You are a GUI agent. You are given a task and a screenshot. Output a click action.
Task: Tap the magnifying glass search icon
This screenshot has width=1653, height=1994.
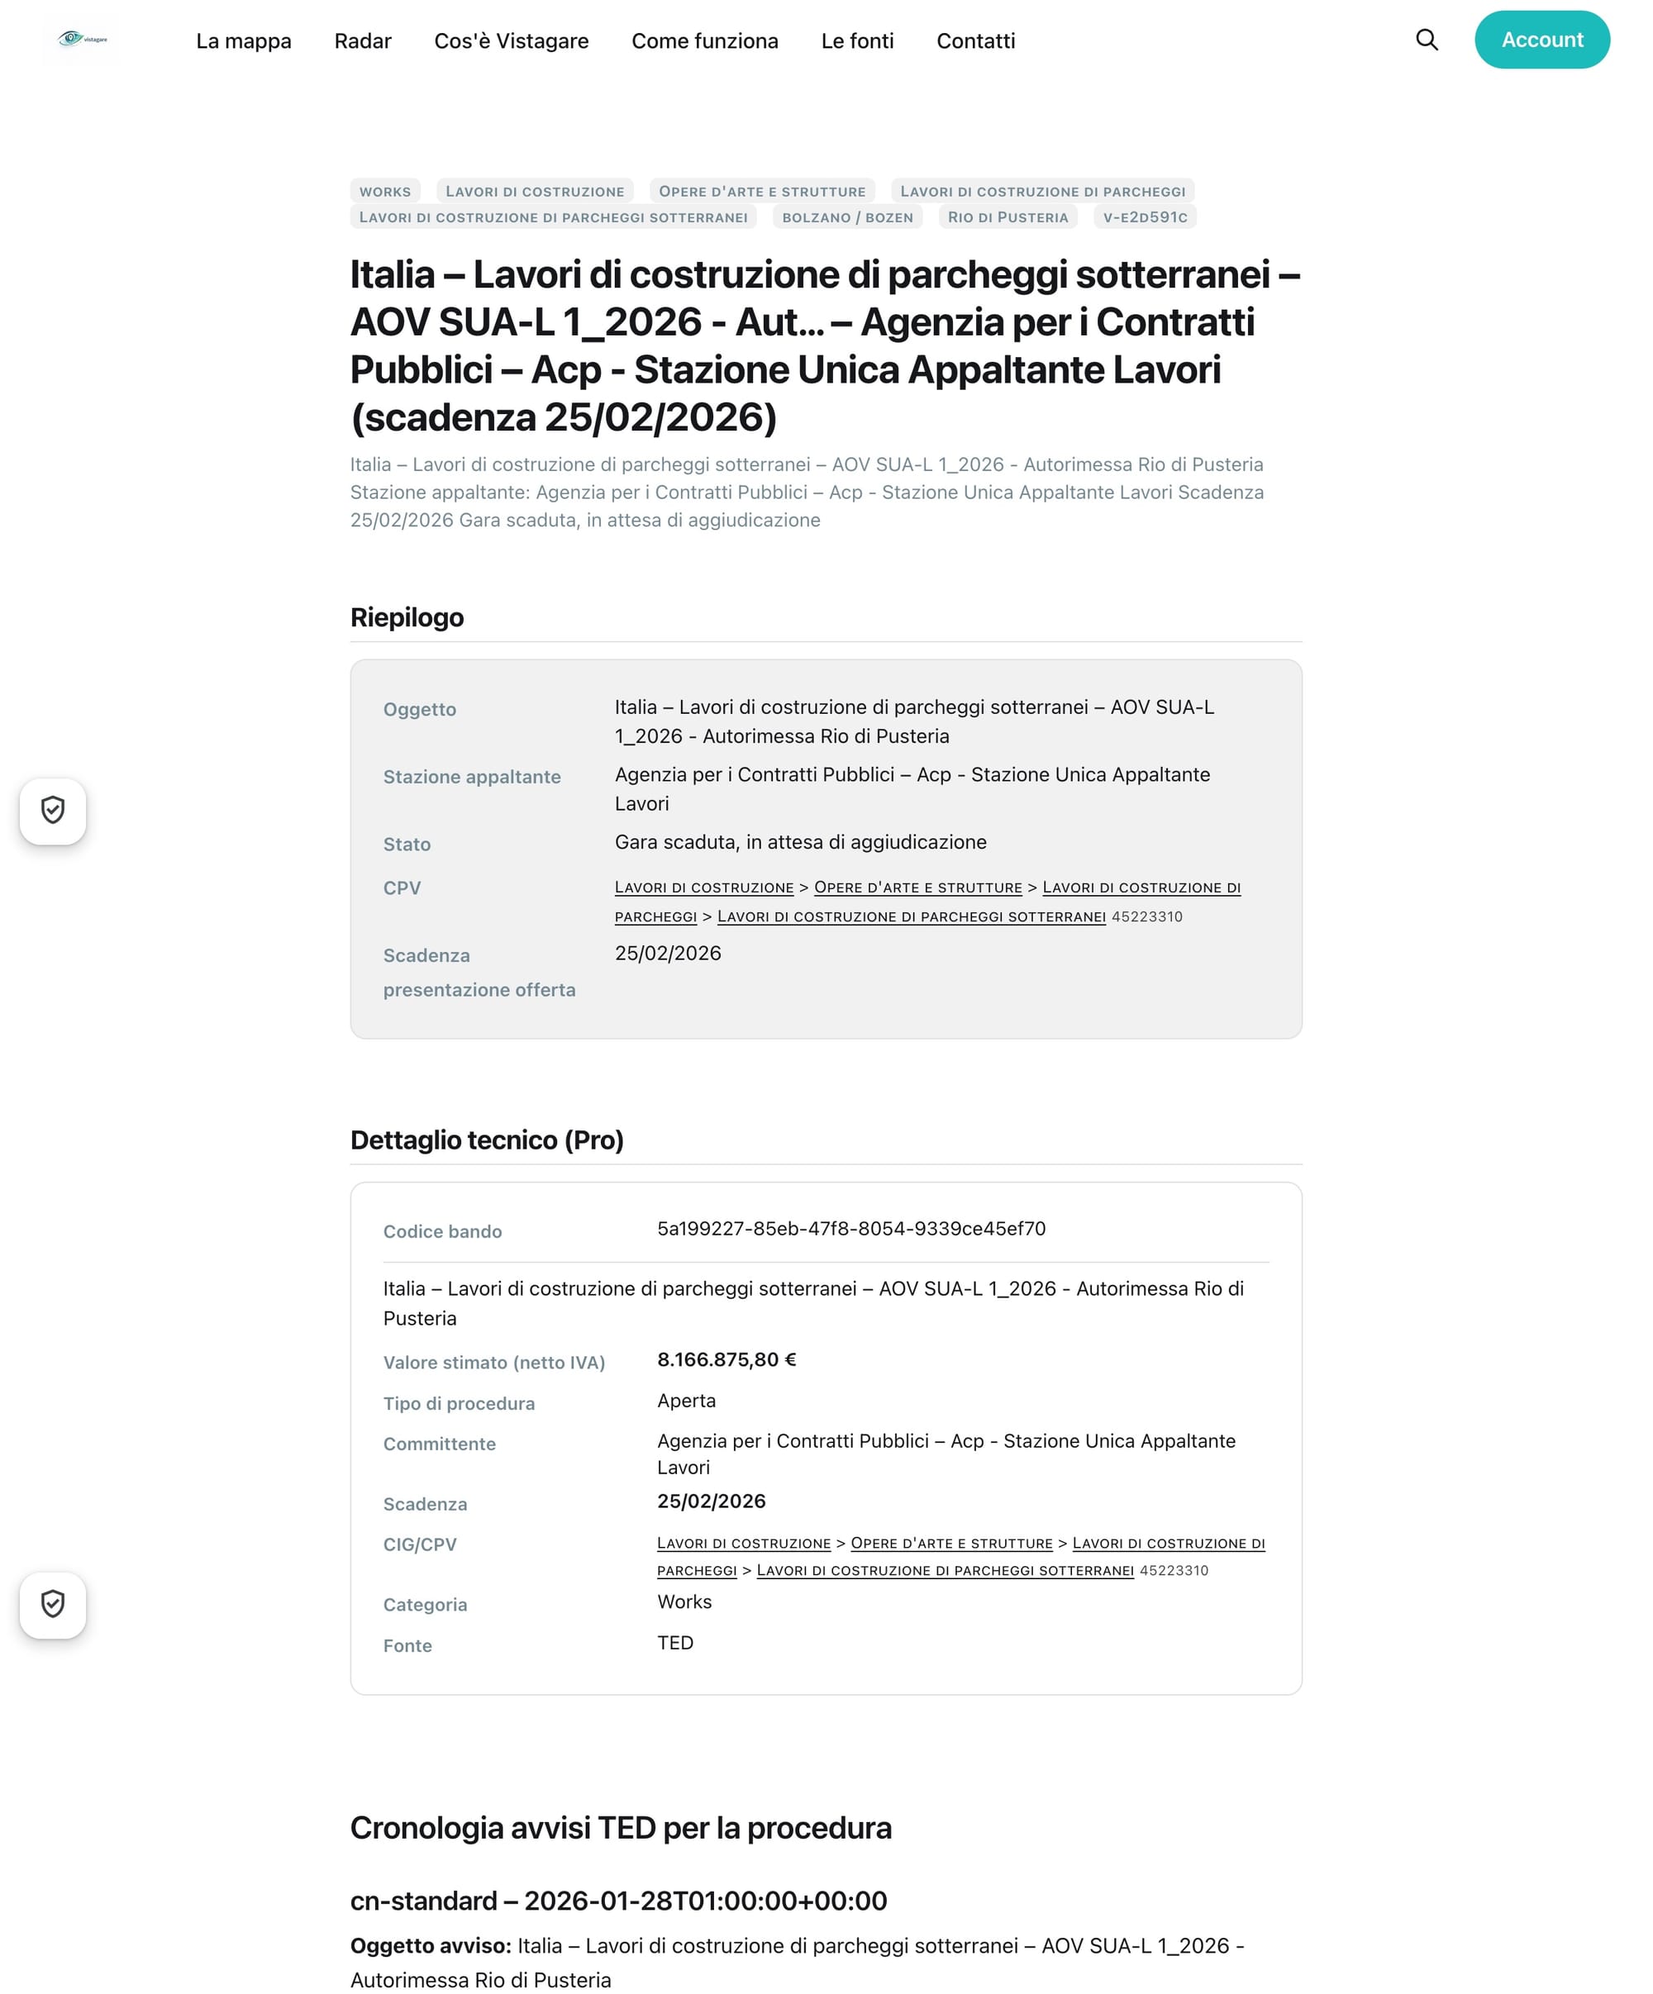[x=1426, y=40]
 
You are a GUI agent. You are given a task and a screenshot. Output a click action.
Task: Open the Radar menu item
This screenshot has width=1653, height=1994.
[x=363, y=40]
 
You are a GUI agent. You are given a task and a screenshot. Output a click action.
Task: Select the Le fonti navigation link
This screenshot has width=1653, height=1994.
[x=856, y=40]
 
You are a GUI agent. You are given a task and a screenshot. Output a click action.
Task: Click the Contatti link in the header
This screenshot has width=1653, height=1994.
[x=975, y=40]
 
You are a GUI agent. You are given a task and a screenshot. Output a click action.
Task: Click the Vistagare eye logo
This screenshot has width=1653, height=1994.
[x=81, y=39]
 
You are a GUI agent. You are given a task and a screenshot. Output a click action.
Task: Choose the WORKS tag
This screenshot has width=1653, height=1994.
[x=384, y=191]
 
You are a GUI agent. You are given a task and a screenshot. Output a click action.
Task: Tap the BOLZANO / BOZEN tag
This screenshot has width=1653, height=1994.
[x=847, y=217]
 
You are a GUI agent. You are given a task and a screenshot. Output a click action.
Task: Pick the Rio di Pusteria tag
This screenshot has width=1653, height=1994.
[x=1008, y=217]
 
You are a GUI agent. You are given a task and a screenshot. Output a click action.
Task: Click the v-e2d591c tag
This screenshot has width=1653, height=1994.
[x=1144, y=217]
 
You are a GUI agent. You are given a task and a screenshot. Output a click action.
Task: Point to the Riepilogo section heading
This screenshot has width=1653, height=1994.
[x=407, y=617]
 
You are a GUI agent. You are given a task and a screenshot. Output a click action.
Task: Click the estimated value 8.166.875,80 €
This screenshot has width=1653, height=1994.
[x=726, y=1359]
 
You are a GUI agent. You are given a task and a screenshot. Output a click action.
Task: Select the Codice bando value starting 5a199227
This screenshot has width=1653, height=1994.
[x=850, y=1229]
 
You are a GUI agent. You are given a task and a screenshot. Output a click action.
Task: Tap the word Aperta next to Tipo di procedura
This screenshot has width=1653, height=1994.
[x=685, y=1401]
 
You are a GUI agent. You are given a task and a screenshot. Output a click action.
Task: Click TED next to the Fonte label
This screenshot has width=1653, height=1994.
[x=675, y=1643]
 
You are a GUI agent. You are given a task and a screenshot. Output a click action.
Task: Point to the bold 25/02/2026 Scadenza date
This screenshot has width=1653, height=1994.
[x=711, y=1501]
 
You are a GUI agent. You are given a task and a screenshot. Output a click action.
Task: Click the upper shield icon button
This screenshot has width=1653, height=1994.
[x=53, y=811]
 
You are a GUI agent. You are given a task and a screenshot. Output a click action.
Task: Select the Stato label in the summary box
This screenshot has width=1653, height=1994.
[x=407, y=845]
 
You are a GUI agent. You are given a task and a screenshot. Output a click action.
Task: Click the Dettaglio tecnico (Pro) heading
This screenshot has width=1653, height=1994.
[x=486, y=1140]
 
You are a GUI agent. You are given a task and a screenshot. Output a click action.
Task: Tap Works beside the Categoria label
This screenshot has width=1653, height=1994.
[x=684, y=1601]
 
